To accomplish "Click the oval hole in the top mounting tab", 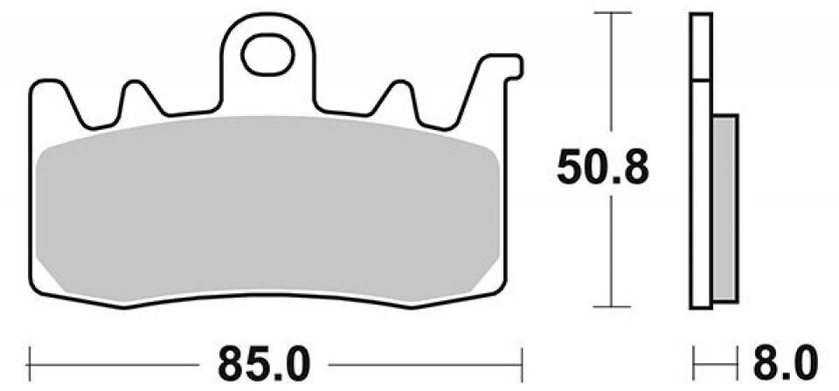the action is pos(267,55).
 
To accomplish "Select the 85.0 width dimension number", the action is pos(264,364).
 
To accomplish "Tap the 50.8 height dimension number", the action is pos(602,168).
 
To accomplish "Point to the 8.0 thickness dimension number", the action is pos(785,363).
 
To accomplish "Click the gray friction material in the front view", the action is pos(267,209).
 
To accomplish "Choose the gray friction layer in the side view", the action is pos(725,209).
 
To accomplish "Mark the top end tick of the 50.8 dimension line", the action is pos(612,12).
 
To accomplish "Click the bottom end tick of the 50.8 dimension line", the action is pos(612,306).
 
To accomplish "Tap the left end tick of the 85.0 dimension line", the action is pos(29,365).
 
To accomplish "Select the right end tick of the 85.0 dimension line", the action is pos(522,365).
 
